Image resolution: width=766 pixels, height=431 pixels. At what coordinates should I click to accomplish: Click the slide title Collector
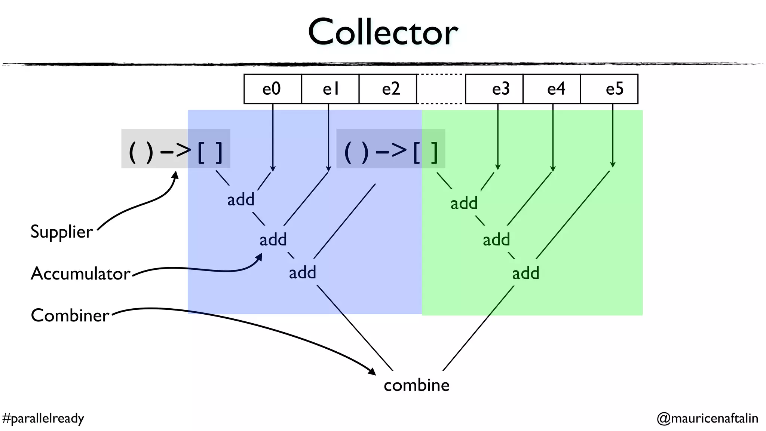click(x=383, y=32)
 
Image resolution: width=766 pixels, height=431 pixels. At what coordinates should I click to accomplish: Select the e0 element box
click(x=272, y=89)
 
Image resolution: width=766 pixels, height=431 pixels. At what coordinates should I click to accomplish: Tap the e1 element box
click(x=330, y=89)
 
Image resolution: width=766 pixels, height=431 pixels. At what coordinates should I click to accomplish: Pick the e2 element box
click(x=388, y=89)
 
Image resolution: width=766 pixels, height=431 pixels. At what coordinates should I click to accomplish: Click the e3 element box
click(x=494, y=89)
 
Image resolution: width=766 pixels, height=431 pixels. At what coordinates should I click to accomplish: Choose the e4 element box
click(x=552, y=89)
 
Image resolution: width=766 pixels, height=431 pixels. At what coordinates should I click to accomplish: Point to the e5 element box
click(x=609, y=89)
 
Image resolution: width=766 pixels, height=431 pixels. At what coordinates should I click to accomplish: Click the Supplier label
click(x=61, y=232)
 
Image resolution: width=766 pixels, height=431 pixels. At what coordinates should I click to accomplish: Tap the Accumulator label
click(x=80, y=273)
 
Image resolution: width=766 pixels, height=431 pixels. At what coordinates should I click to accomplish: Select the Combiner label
click(x=70, y=315)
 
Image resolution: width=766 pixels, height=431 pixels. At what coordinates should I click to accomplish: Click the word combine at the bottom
click(x=416, y=385)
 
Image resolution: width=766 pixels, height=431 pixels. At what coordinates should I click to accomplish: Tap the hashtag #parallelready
click(x=43, y=418)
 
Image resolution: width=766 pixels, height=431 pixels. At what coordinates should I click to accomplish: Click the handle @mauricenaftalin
click(x=707, y=418)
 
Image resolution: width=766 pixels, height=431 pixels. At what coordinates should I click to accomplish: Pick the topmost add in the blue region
click(x=241, y=200)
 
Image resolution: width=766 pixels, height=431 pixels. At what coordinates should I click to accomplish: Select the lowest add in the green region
click(x=526, y=273)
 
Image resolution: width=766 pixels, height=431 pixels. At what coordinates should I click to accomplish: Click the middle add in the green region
click(x=496, y=240)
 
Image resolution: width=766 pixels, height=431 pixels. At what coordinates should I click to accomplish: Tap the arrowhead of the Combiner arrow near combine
click(x=372, y=372)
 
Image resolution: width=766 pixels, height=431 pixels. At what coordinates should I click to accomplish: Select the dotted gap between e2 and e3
click(x=441, y=89)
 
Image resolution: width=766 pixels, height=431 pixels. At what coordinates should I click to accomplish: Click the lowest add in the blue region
click(x=302, y=273)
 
